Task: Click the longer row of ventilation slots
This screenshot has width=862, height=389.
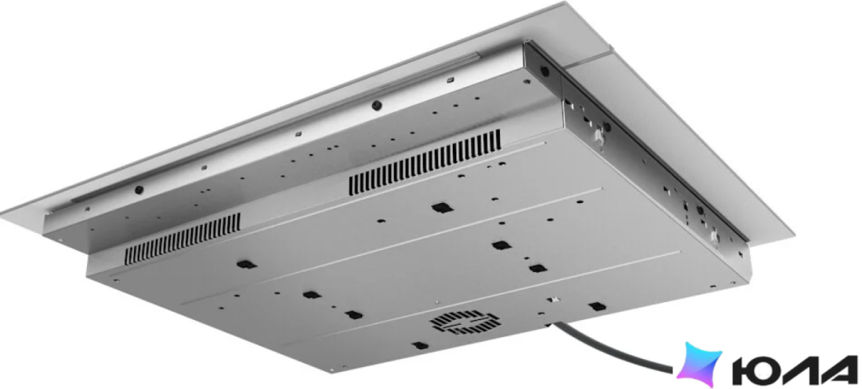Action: (x=425, y=163)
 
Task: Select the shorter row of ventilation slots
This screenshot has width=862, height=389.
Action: (x=183, y=238)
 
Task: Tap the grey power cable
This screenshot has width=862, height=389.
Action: (x=613, y=347)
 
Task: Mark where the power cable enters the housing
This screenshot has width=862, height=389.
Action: (x=550, y=325)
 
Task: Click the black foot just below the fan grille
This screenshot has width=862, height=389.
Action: (x=420, y=346)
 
